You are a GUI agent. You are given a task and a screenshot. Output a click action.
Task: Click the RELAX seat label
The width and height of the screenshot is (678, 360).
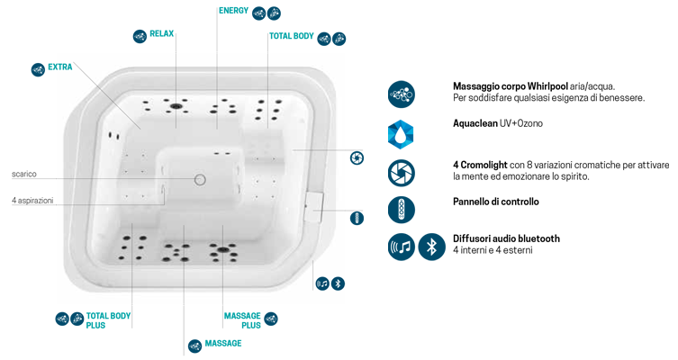coord(161,33)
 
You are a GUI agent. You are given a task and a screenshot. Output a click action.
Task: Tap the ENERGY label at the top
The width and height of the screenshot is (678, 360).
coord(233,11)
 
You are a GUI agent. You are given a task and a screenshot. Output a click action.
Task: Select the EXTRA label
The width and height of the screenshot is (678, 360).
coord(60,67)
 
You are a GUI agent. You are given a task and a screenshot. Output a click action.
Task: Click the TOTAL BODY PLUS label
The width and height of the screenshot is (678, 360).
coord(108,319)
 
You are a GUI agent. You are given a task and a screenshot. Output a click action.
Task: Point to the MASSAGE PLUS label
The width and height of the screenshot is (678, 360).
coord(241,319)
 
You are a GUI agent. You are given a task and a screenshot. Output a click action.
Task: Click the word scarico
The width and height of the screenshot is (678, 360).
coord(24,174)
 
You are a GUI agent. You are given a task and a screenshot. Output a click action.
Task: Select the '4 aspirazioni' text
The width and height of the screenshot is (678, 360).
coord(33,200)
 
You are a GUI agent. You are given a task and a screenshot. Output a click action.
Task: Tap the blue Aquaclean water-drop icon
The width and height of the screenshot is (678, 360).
coord(401,131)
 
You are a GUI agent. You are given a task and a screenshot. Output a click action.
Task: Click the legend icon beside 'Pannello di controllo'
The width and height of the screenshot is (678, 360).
coord(401,208)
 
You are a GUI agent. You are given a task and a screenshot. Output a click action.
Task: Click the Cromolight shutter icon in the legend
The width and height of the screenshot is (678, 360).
coord(401,171)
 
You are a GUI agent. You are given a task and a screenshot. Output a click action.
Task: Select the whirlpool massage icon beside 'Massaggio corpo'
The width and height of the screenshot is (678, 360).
coord(401,93)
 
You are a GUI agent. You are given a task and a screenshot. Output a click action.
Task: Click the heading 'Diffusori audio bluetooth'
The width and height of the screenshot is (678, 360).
coord(506,238)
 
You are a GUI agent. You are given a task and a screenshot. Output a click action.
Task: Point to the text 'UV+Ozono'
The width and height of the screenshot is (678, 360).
coord(522,122)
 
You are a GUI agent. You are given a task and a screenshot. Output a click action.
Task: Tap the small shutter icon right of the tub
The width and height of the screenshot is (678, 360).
coord(357,158)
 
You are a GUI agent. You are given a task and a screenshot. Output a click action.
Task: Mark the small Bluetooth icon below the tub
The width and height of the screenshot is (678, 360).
coord(339,283)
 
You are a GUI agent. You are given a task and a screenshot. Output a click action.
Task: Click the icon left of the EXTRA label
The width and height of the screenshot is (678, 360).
coord(38,68)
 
